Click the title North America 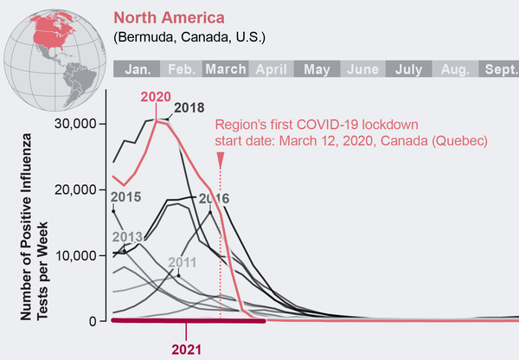point(169,17)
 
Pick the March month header point(226,69)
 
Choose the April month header point(272,69)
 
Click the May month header point(317,69)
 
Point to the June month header point(362,69)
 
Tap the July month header point(407,69)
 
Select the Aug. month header point(453,69)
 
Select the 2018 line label point(189,107)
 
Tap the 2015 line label point(125,196)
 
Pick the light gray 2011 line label point(181,260)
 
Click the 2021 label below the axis point(187,350)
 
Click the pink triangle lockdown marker point(221,158)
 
